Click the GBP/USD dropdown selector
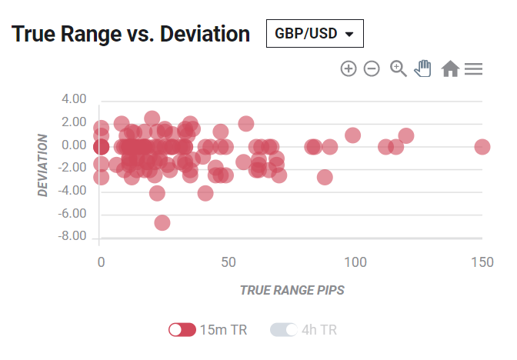[315, 33]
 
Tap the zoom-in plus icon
[349, 68]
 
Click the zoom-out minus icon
[372, 68]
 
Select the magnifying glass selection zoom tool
[399, 68]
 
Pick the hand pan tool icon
[422, 68]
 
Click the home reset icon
[450, 68]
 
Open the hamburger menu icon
[473, 69]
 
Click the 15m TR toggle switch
[182, 330]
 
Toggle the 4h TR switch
[284, 330]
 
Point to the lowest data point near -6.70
[162, 223]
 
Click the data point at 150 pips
[482, 147]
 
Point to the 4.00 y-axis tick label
[74, 99]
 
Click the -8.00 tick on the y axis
[72, 236]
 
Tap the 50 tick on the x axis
[228, 262]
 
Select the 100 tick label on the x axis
[355, 262]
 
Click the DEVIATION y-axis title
[43, 165]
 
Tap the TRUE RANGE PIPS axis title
[292, 290]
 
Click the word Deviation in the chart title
[205, 34]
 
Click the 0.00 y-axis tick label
[74, 145]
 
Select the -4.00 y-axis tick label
[72, 191]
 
